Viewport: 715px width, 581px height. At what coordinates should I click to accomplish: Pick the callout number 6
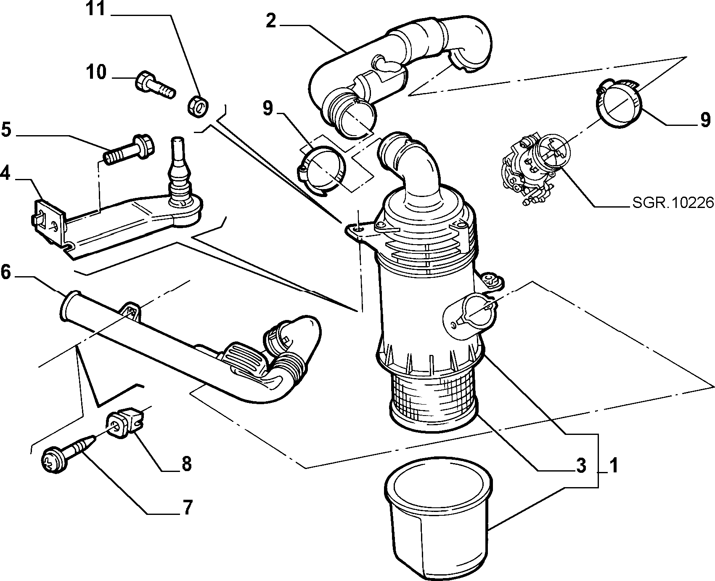pyautogui.click(x=6, y=272)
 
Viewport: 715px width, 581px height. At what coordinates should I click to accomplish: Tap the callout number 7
pyautogui.click(x=186, y=507)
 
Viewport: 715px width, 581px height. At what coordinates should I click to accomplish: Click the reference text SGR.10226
pyautogui.click(x=673, y=203)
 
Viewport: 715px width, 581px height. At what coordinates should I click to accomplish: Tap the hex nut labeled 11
pyautogui.click(x=198, y=106)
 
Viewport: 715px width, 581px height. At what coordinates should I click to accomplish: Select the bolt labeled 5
pyautogui.click(x=129, y=149)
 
